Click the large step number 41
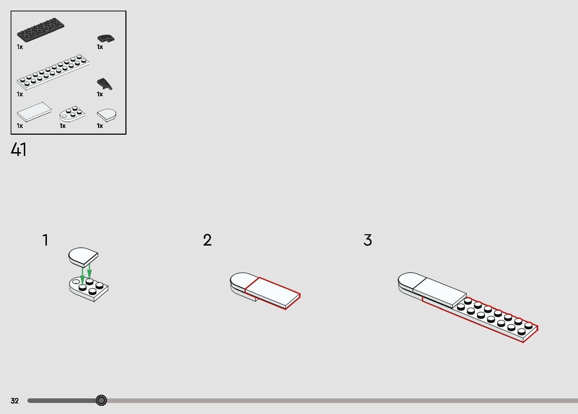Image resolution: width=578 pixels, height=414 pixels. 18,150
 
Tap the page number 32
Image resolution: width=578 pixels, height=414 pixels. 15,400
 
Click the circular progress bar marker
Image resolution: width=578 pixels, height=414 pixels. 101,400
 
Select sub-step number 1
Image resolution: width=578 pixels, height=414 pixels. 45,240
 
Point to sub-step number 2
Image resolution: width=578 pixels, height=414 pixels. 207,240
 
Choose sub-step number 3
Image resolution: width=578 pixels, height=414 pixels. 368,240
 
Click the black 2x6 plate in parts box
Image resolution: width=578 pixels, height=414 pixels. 41,30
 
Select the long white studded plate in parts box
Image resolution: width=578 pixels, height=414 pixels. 53,72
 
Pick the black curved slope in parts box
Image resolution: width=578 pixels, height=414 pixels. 106,39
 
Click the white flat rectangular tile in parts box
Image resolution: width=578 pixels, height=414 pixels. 34,112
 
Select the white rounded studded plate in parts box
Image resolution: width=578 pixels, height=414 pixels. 72,114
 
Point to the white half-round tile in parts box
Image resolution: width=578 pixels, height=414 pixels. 107,115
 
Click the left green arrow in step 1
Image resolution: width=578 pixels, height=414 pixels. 82,276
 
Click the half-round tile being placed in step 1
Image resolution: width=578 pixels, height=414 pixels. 83,257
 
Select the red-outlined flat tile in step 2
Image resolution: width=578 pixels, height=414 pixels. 273,293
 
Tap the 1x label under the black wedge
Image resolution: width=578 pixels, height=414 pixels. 100,94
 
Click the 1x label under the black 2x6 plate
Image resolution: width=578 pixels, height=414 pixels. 20,47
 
